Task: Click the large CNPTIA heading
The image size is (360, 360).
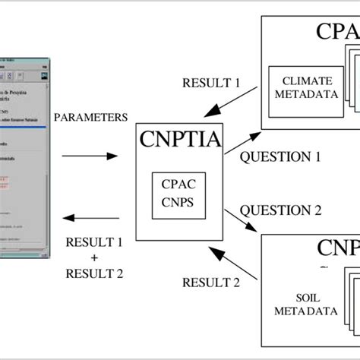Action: (179, 140)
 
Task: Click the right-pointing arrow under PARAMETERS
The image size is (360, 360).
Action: (89, 156)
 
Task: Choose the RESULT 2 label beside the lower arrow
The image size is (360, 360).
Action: (210, 283)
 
